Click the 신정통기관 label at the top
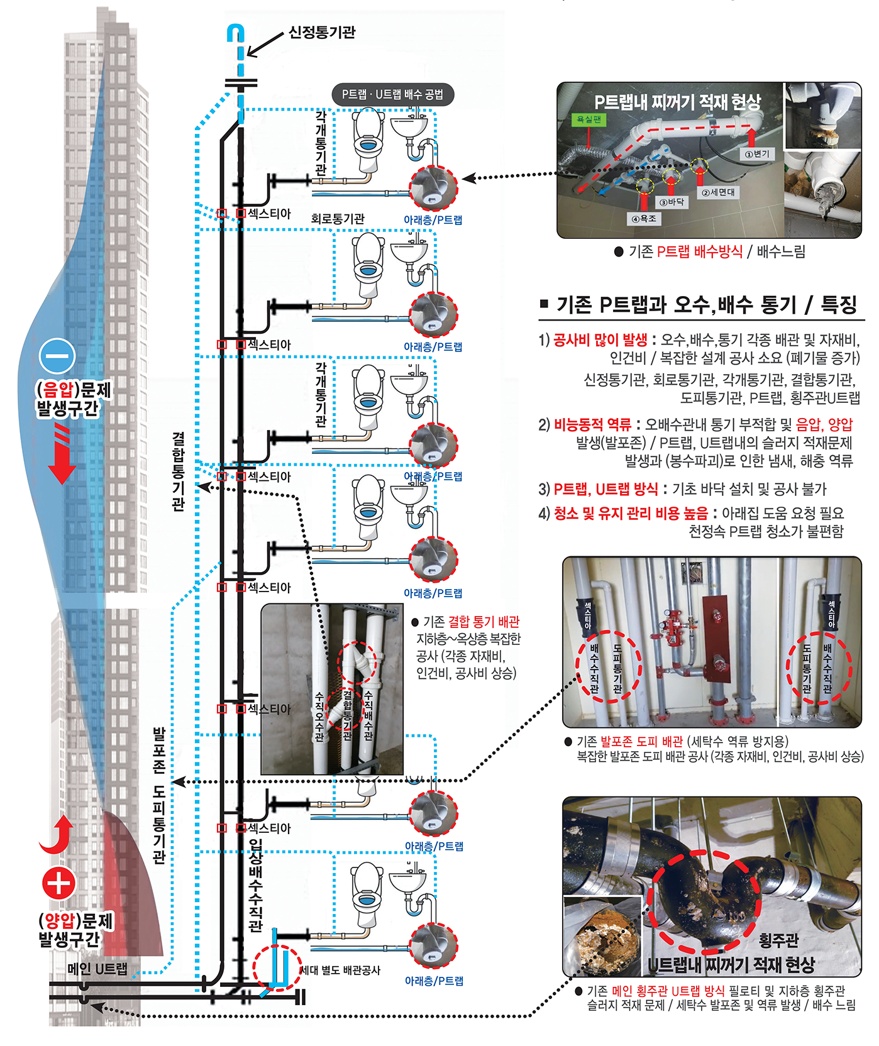tap(322, 32)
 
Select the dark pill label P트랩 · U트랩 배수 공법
tap(392, 94)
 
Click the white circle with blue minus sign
tap(57, 356)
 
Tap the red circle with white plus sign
tap(59, 883)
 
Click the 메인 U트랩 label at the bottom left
tap(97, 969)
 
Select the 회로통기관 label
tap(338, 219)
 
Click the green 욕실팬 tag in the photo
tap(589, 119)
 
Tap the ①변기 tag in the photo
tap(757, 153)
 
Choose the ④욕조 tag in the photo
tap(643, 219)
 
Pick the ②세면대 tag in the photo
tap(718, 193)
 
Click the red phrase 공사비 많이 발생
tap(600, 340)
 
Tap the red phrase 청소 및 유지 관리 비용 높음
tap(631, 513)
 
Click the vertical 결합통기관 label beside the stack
tap(179, 470)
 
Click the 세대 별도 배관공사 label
tap(340, 970)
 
